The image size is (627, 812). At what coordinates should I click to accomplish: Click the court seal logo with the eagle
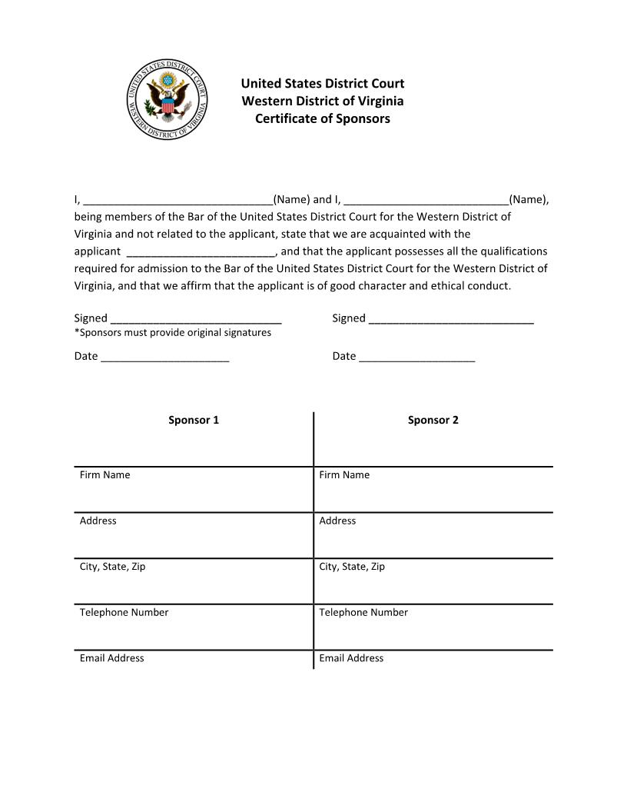point(168,99)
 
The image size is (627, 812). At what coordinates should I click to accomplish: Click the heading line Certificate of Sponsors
point(323,119)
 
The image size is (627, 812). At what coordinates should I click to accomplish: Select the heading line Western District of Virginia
point(323,101)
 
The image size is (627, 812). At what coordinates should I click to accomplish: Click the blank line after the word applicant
point(200,252)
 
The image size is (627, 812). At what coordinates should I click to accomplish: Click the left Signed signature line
point(196,319)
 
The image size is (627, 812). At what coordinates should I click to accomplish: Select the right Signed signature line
point(451,319)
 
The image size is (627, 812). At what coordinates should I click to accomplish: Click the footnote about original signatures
point(173,333)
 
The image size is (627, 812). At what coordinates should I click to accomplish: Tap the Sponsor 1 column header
point(194,420)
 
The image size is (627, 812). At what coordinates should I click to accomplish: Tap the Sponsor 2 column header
point(433,420)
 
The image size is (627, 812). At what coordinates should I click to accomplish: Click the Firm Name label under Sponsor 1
point(105,475)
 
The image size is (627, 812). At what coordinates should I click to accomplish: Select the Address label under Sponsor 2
point(337,521)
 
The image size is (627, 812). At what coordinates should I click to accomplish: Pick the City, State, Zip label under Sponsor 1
point(113,567)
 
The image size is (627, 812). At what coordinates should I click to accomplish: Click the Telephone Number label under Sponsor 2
point(363,613)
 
